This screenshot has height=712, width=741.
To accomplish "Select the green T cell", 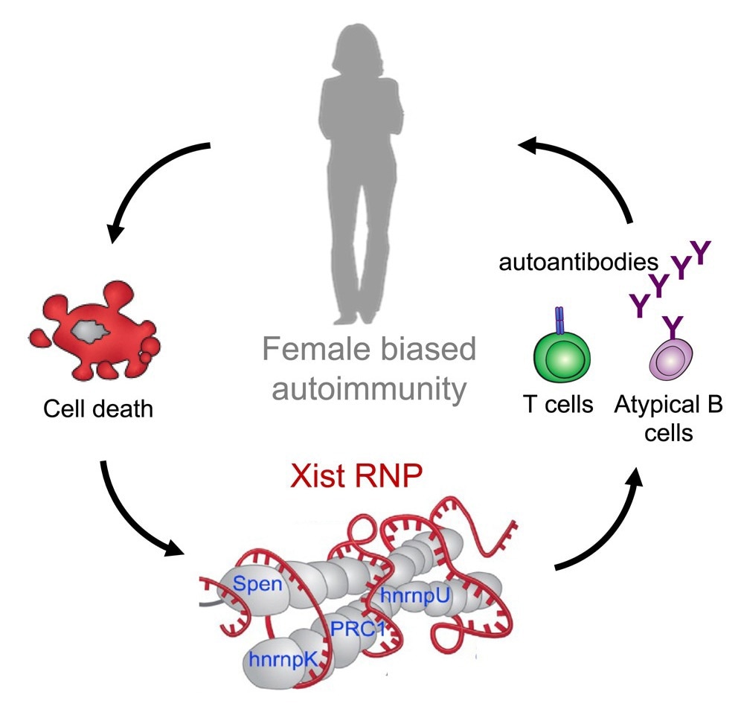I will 562,358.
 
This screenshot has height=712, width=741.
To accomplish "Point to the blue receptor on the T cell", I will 560,321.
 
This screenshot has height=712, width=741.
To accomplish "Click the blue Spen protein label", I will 257,583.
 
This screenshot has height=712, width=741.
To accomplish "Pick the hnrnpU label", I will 410,595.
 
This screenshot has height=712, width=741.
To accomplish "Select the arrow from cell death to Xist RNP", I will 134,521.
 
